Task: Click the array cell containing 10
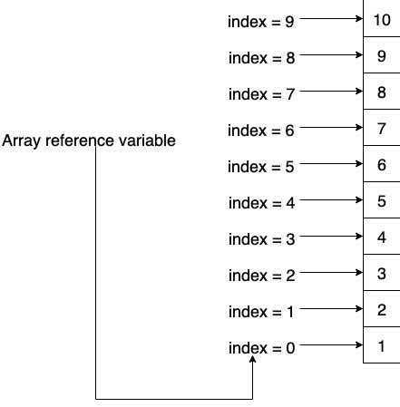(x=381, y=18)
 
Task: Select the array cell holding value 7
(x=381, y=128)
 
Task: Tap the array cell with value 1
(x=381, y=346)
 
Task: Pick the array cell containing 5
(x=381, y=201)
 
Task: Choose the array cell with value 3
(x=381, y=274)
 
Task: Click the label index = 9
(x=261, y=20)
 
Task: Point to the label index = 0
(x=261, y=347)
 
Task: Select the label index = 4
(x=261, y=202)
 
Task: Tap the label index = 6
(x=261, y=130)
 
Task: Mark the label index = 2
(x=261, y=275)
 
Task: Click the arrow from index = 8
(x=330, y=54)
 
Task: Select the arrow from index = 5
(x=330, y=164)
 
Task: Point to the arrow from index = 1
(x=330, y=309)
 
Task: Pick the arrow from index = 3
(x=330, y=237)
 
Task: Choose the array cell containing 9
(x=381, y=55)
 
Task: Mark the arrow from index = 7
(x=330, y=91)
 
